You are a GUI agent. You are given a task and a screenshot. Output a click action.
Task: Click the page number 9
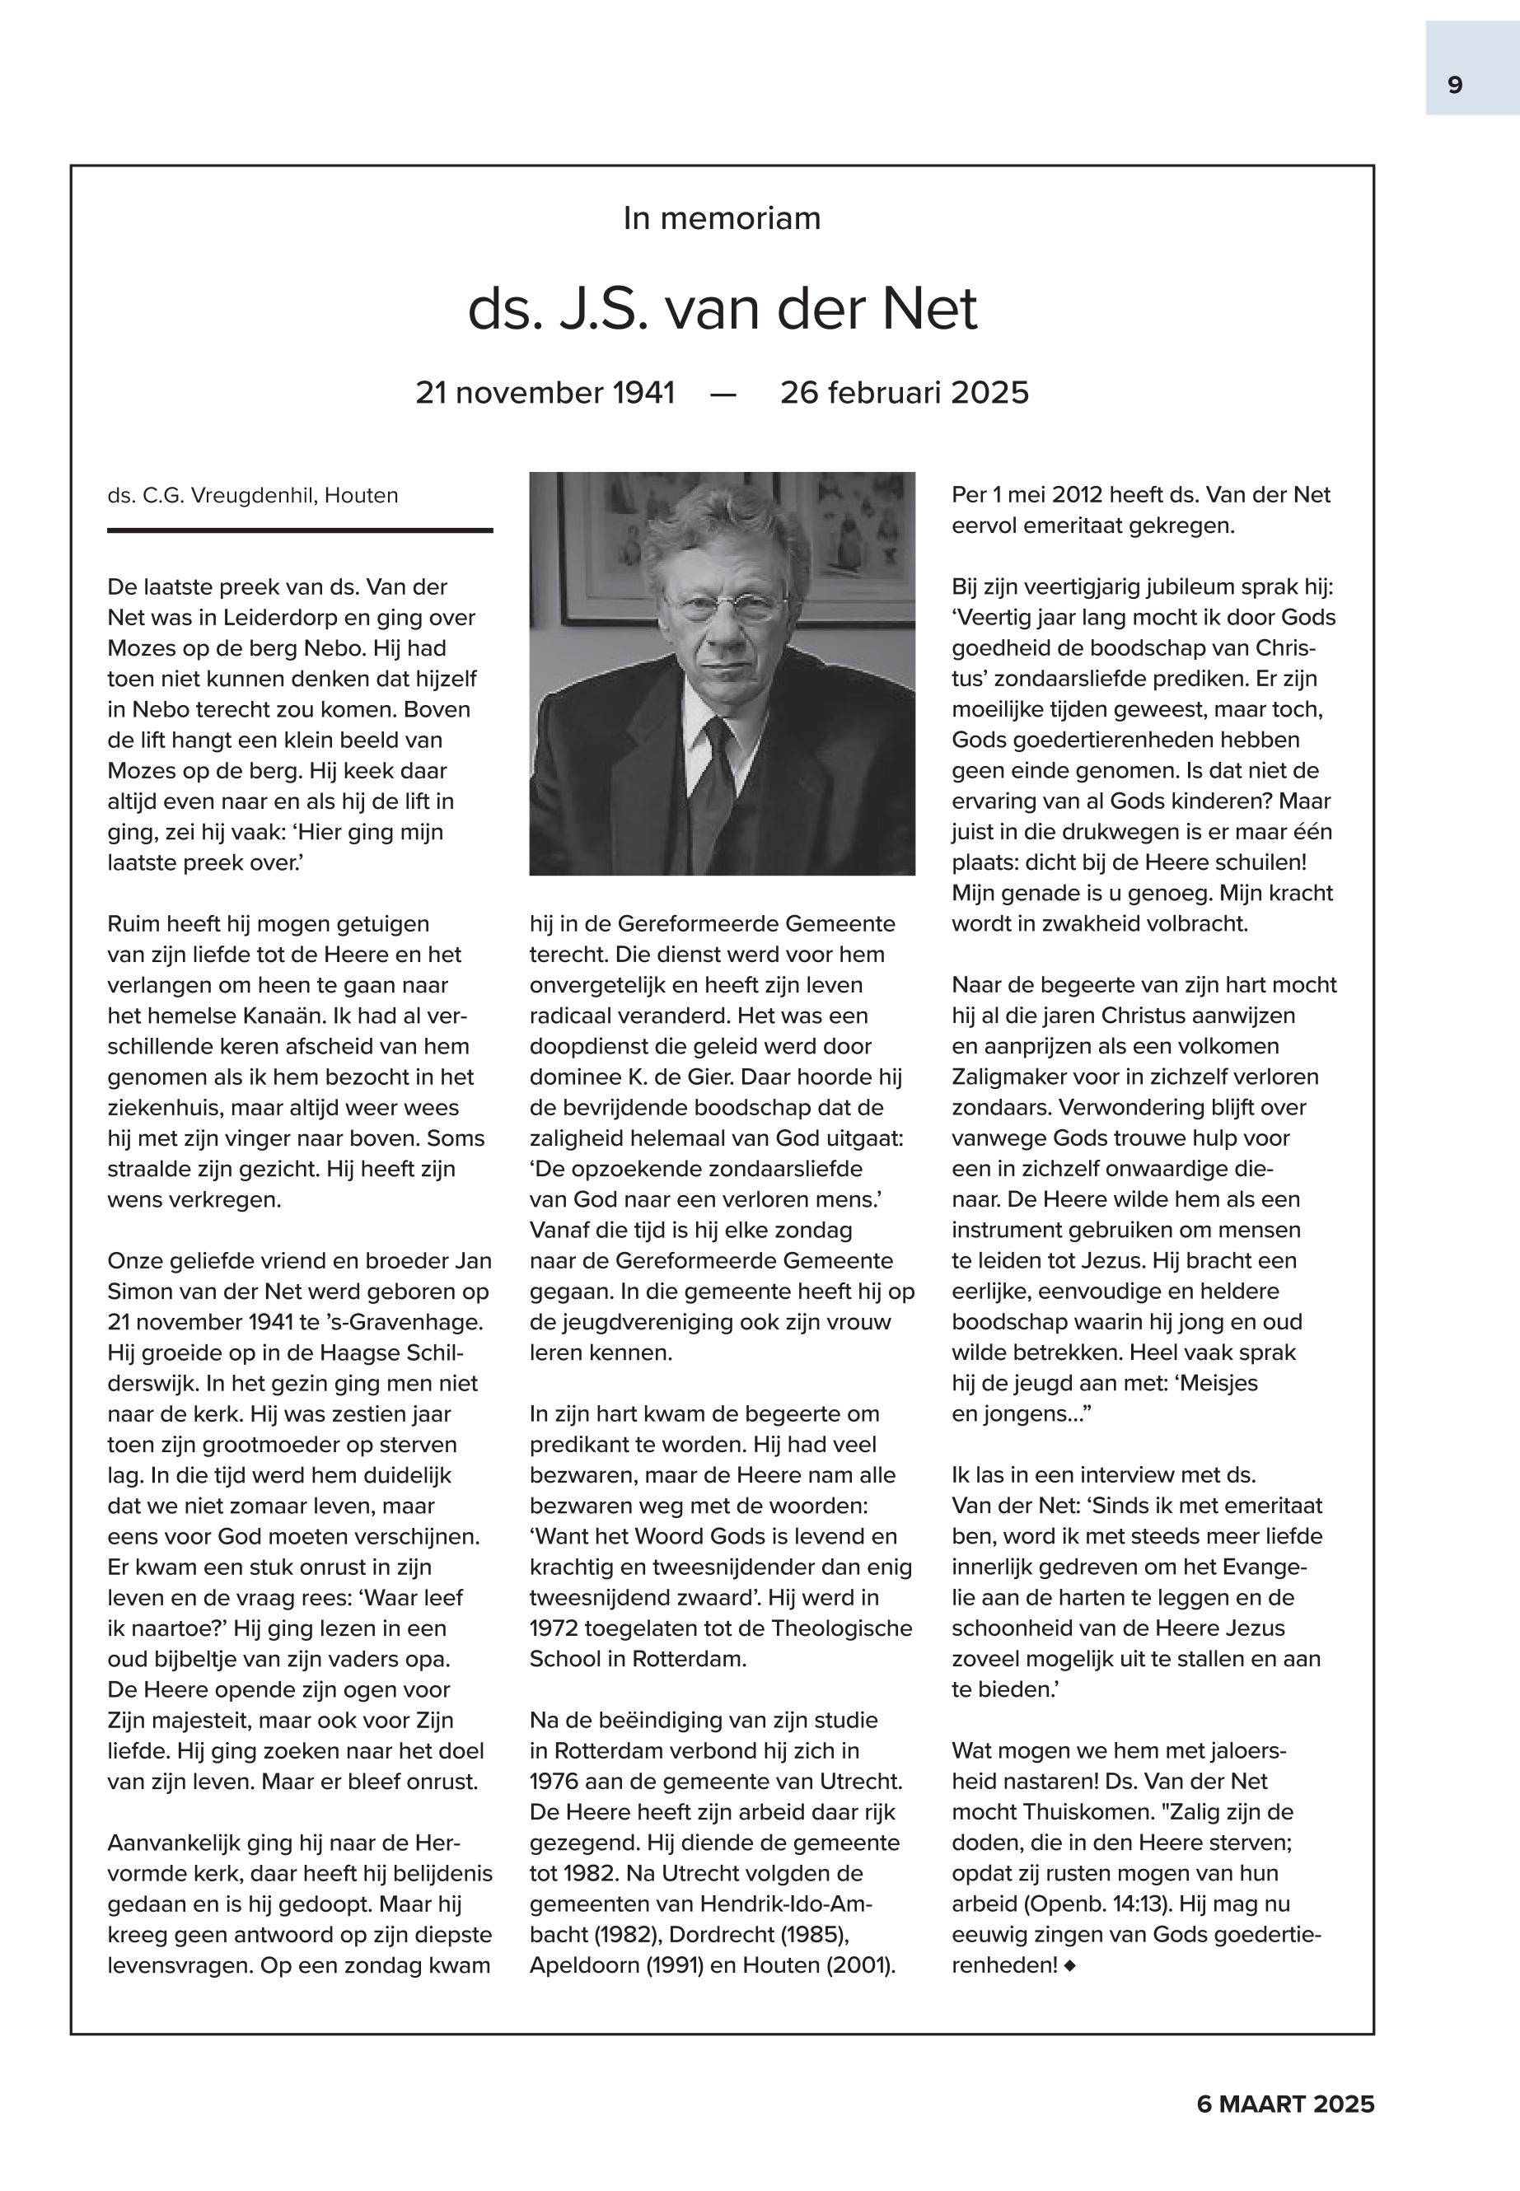pos(1454,86)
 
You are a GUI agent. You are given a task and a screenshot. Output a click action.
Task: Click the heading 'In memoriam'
pos(722,218)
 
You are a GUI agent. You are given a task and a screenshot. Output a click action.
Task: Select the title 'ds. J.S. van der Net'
pos(722,310)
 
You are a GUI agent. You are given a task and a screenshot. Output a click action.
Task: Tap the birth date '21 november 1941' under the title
pos(545,392)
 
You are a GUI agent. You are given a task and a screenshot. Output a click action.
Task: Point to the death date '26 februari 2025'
pos(904,392)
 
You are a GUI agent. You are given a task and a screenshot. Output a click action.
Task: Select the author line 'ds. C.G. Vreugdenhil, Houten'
pos(252,495)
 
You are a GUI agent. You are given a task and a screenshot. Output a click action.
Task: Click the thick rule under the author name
pos(300,530)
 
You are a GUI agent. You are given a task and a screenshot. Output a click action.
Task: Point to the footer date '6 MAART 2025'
pos(1284,2104)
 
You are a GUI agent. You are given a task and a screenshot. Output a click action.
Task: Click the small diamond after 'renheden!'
pos(1070,1964)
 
